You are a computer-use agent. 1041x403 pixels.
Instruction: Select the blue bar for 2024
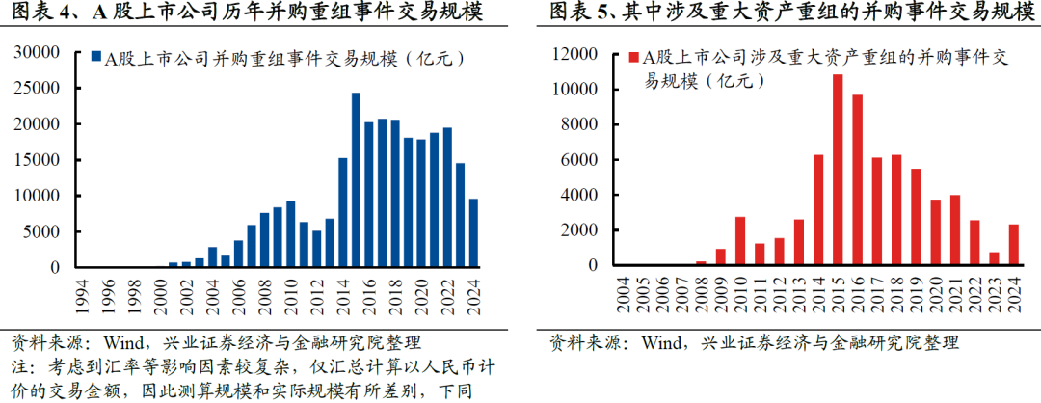pyautogui.click(x=472, y=232)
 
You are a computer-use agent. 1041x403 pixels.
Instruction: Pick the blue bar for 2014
pyautogui.click(x=342, y=212)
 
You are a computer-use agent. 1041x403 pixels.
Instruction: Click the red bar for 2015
pyautogui.click(x=838, y=170)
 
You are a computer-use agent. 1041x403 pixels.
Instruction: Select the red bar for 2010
pyautogui.click(x=740, y=241)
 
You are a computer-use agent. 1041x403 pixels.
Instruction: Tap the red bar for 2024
pyautogui.click(x=1013, y=245)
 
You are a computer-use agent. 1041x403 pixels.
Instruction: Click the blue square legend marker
pyautogui.click(x=96, y=59)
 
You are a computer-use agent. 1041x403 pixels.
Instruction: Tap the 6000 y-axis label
pyautogui.click(x=586, y=160)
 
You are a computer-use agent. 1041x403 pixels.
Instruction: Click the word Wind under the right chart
pyautogui.click(x=661, y=342)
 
